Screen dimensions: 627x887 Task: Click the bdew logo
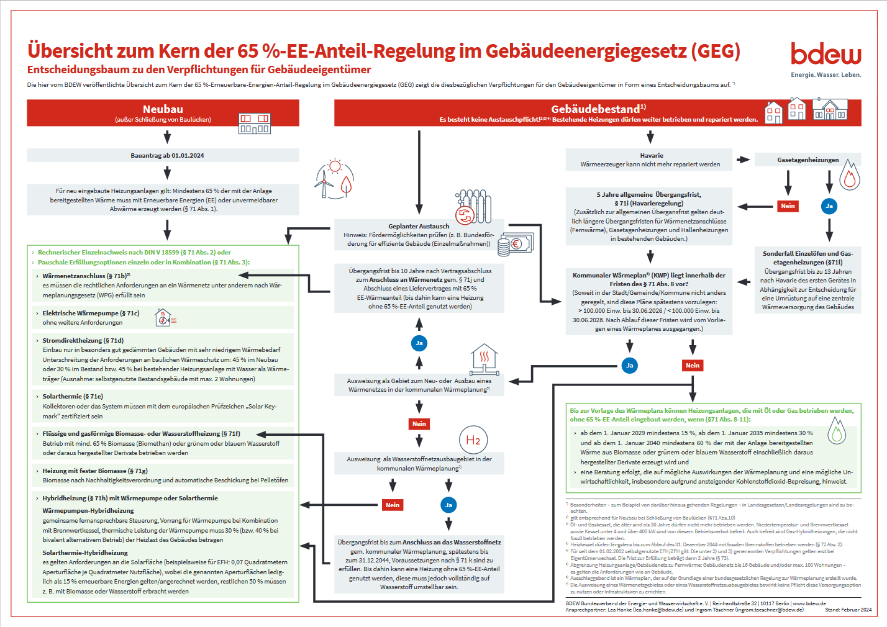[826, 55]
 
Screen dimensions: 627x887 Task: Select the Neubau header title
[163, 109]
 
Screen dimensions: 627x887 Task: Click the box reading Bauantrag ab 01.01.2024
[167, 156]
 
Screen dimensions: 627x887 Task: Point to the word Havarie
[651, 156]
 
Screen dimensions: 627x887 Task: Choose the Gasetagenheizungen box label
[807, 160]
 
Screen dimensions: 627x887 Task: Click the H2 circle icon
[473, 440]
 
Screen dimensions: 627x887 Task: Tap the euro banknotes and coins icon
[513, 244]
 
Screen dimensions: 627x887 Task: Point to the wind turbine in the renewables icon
[324, 183]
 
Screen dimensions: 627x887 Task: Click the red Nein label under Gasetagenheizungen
[788, 206]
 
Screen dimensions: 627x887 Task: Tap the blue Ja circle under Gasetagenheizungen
[829, 206]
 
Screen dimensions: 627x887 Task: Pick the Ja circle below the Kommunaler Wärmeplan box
[629, 365]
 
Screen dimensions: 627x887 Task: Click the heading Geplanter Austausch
[419, 227]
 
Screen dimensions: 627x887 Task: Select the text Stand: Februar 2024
[848, 610]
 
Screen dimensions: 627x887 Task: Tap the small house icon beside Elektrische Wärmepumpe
[163, 318]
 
